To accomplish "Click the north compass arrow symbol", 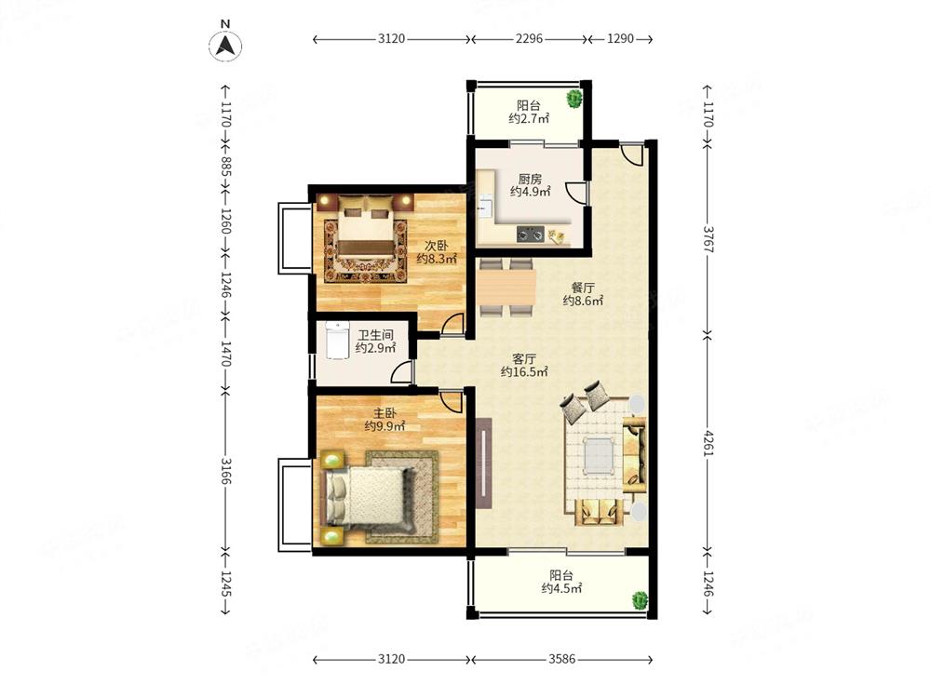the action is [x=225, y=46].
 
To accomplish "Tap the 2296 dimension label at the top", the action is [x=529, y=38].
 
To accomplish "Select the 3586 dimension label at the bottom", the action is [x=561, y=659].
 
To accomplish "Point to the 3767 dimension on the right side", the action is [x=708, y=238].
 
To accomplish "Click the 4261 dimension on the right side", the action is [x=708, y=441].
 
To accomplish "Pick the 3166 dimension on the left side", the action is [x=225, y=470].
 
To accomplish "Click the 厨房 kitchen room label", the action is [x=530, y=178].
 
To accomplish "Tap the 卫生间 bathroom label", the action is [x=375, y=335].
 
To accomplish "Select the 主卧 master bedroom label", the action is [x=385, y=412].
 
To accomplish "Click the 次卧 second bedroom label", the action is [x=437, y=245].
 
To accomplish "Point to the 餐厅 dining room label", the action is [x=583, y=288].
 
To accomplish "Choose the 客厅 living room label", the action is [x=524, y=358].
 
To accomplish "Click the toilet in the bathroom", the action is [x=337, y=341].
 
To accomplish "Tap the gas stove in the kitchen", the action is [x=531, y=235].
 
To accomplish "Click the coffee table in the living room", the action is [x=599, y=456].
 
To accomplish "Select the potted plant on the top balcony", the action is [x=574, y=98].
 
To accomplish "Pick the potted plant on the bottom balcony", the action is [x=640, y=600].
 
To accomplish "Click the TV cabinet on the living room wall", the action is [x=484, y=463].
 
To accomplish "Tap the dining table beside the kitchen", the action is [x=506, y=288].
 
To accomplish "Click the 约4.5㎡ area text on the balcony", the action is [x=561, y=588].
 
